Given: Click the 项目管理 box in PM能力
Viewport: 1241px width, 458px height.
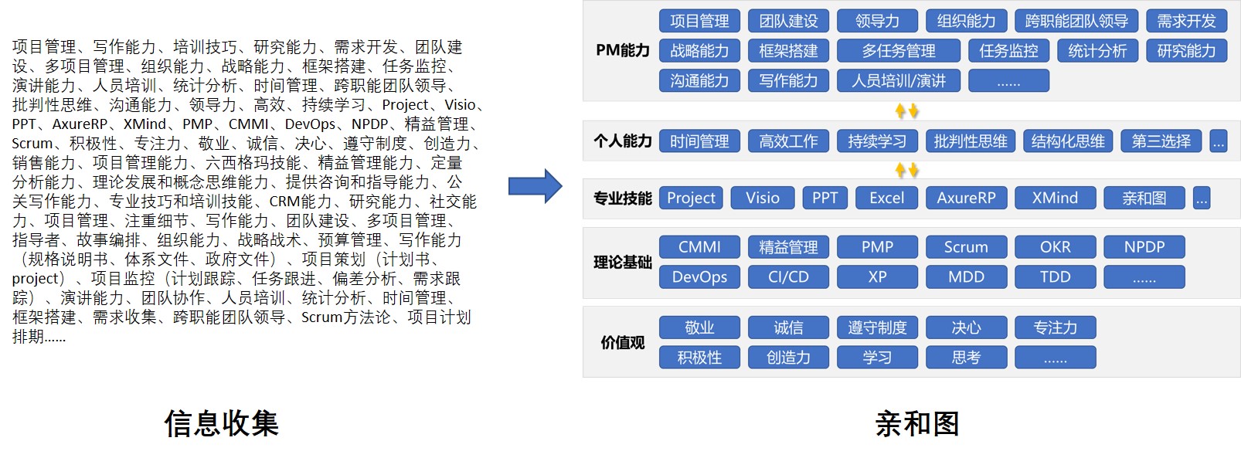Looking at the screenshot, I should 699,21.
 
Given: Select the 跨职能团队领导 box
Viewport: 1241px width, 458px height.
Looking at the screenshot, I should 1076,21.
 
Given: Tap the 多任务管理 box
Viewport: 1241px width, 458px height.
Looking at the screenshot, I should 898,51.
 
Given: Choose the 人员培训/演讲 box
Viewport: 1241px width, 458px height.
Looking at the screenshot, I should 898,80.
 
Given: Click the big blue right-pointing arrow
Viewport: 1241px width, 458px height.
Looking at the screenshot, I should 535,186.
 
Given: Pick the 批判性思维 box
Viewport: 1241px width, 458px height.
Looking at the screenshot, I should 970,141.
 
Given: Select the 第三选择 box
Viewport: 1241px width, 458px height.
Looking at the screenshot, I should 1161,141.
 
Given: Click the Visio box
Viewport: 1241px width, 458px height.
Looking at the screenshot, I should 762,198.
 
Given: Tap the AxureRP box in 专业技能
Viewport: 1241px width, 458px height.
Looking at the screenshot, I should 966,198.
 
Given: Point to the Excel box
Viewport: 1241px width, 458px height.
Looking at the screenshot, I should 886,198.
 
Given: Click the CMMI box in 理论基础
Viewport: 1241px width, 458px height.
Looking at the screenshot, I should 699,247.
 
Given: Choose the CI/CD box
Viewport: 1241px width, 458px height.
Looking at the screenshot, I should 788,276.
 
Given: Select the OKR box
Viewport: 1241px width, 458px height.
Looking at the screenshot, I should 1055,247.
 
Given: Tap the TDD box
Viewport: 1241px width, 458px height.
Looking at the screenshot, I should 1055,276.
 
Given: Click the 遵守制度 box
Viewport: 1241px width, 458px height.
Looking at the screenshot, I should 877,327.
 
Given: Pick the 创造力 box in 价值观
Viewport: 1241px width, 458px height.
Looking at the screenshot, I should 788,357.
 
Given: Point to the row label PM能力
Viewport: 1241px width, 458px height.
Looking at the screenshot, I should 622,51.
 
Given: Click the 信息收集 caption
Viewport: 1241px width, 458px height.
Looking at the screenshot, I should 221,423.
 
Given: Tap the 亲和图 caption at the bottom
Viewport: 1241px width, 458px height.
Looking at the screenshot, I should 917,423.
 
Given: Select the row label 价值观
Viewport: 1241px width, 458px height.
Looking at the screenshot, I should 622,342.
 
